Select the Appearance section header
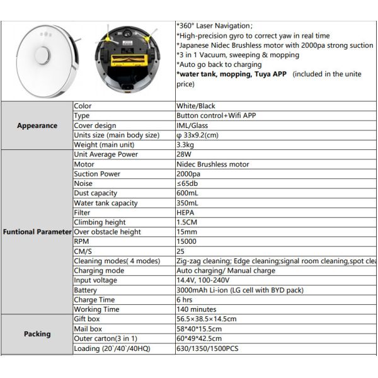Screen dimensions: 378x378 [37, 125]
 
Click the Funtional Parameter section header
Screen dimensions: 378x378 [37, 232]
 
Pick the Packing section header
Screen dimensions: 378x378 [37, 333]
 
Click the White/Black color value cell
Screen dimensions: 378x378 [201, 106]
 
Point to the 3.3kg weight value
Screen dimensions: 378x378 [189, 145]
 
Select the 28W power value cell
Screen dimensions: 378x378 [186, 154]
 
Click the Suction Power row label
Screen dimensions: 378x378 [98, 174]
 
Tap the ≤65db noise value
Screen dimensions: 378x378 [190, 183]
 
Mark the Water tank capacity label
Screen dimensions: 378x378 [106, 203]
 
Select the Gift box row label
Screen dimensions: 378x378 [88, 319]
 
